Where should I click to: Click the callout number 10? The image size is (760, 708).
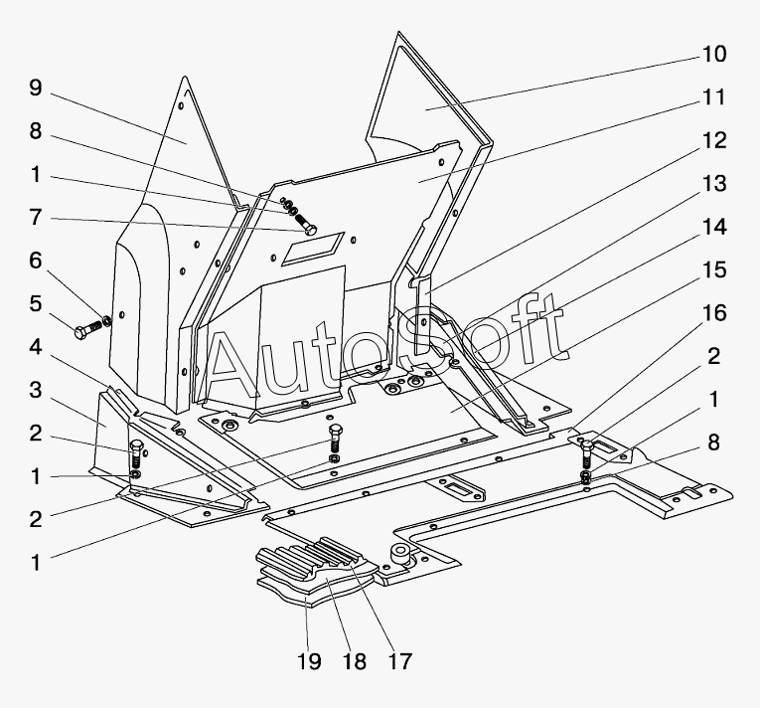pos(714,54)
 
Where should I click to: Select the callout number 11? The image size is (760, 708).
pos(714,97)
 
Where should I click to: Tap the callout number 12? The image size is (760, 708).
pos(714,140)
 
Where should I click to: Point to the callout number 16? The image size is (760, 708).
pos(714,313)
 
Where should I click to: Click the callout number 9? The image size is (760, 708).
pos(36,88)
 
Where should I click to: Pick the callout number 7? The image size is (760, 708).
pos(36,218)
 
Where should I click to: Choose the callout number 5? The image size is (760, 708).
pos(36,304)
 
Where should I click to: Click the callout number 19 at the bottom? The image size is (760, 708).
pos(309,661)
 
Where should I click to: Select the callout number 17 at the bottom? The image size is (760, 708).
pos(400,661)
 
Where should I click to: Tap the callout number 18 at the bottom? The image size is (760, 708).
pos(355,661)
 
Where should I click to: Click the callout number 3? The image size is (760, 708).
pos(36,391)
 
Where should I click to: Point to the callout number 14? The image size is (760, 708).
pos(714,227)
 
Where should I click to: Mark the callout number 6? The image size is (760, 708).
pos(36,262)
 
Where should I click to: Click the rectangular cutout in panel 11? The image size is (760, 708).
pos(313,249)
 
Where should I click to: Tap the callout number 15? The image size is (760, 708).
pos(714,270)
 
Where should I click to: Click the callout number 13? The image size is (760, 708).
pos(714,184)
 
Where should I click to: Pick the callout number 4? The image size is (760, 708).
pos(36,347)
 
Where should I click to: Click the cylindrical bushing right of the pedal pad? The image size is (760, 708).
pos(400,555)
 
